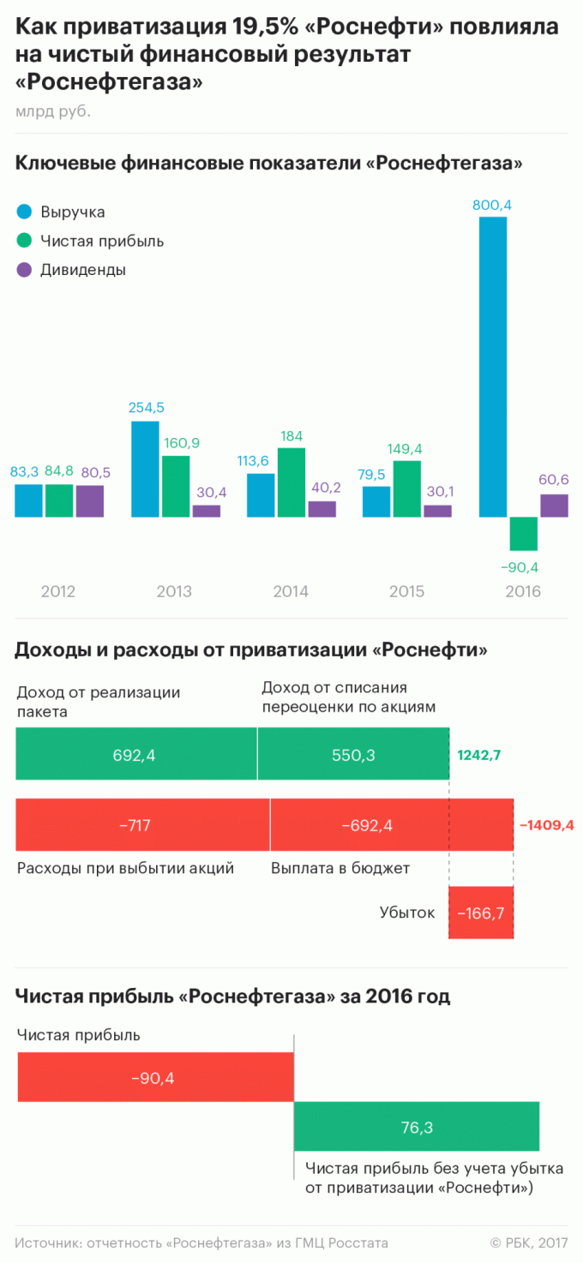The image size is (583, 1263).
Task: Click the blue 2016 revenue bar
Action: (493, 367)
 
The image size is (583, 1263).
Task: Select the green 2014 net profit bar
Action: (291, 482)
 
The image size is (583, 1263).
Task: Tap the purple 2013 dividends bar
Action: (206, 511)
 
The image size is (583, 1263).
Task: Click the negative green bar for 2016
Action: (523, 534)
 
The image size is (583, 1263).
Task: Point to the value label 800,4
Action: (492, 205)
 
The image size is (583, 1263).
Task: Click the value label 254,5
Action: (145, 407)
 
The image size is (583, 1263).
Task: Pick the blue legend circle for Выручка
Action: (24, 212)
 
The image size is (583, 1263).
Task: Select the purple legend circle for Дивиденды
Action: (24, 269)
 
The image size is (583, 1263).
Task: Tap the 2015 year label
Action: (406, 591)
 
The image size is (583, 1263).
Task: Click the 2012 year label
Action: (57, 591)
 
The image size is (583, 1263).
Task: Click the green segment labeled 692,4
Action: (136, 754)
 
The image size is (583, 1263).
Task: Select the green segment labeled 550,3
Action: (353, 754)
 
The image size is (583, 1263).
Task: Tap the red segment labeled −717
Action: (142, 825)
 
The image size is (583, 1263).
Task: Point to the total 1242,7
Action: (479, 755)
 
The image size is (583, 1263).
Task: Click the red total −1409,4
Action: (546, 825)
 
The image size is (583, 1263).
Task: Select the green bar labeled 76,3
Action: (417, 1127)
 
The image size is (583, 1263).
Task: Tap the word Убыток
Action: (407, 913)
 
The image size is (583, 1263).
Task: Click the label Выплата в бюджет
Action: (340, 868)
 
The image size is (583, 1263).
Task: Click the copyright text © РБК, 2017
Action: (529, 1242)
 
